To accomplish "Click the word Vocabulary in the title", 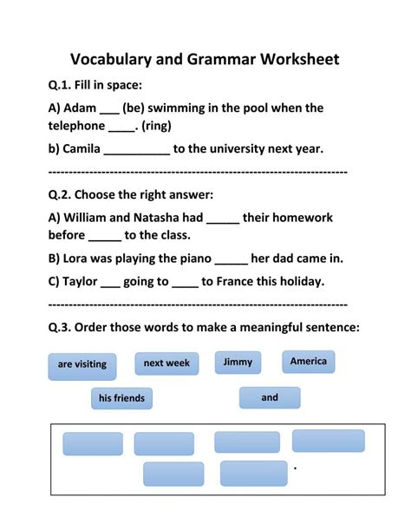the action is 115,59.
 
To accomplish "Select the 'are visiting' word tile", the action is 82,364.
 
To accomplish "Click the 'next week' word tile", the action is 166,363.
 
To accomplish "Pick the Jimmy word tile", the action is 238,362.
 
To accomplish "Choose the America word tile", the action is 309,361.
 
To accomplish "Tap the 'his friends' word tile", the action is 122,398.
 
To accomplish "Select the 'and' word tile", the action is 270,397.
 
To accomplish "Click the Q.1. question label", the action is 63,85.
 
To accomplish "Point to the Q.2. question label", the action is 63,195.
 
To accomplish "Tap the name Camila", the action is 82,148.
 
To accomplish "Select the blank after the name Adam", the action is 109,109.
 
